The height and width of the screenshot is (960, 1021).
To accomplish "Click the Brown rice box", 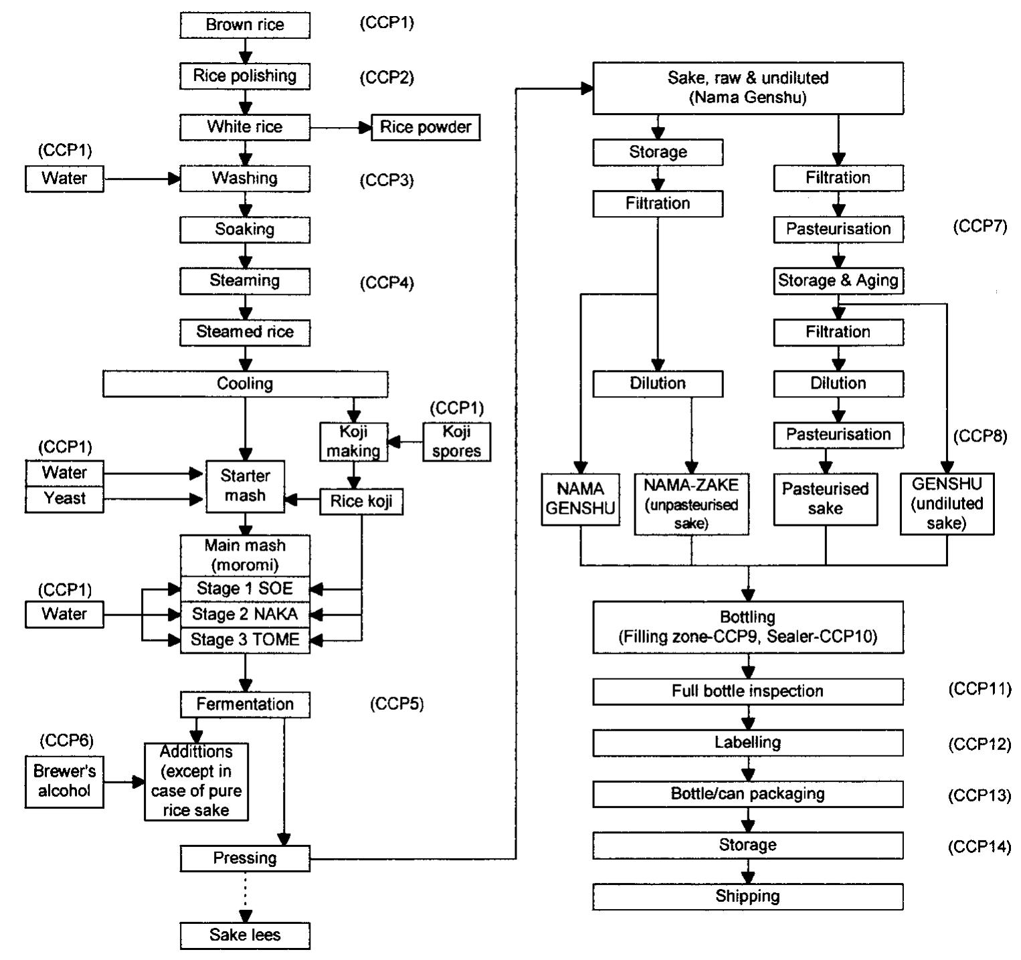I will click(x=245, y=25).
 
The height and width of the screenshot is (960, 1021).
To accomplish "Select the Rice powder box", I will click(x=426, y=127).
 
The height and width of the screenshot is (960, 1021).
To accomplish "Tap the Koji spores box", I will click(x=456, y=442).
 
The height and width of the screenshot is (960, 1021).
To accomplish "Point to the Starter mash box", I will click(x=245, y=486).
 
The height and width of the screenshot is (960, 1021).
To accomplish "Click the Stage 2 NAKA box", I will click(x=245, y=614).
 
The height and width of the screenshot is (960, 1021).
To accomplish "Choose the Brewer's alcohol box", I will click(x=64, y=781).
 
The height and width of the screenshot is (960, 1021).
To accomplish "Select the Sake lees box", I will click(x=245, y=935).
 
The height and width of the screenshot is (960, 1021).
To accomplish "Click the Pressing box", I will click(x=245, y=858).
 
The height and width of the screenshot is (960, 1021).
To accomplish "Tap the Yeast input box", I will click(x=64, y=499).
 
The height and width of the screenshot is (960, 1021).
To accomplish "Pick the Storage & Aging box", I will click(x=838, y=280).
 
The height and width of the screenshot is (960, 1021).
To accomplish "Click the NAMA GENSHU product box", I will click(x=580, y=499).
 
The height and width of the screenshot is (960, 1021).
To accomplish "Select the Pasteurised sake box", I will click(x=825, y=499).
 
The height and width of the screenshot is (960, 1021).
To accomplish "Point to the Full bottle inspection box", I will click(x=747, y=691).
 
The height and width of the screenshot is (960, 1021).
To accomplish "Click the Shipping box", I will click(x=747, y=896).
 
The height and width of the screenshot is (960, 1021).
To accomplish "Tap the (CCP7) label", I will click(x=980, y=226).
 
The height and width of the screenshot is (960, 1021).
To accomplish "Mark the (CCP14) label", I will click(x=980, y=846).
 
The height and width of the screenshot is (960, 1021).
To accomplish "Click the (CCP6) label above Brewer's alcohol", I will click(x=66, y=740).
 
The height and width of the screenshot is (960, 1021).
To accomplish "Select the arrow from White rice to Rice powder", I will click(x=341, y=127).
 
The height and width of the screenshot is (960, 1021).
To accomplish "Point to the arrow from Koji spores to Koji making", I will click(x=405, y=442).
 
